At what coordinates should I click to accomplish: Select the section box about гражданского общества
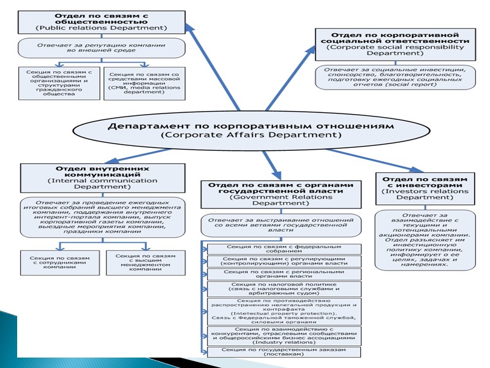point(59,83)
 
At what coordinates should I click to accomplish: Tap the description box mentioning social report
point(395,77)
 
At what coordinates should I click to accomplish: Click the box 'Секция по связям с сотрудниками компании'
point(59,262)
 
